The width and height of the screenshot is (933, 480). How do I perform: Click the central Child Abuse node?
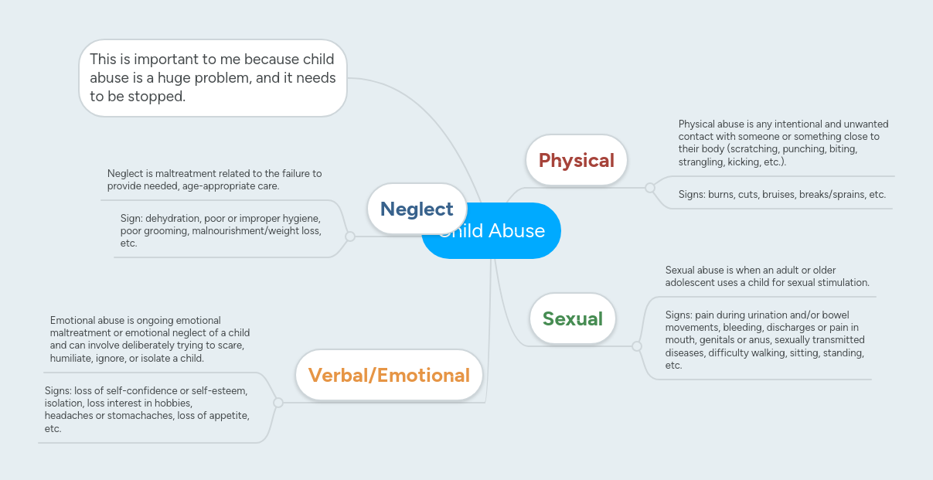coord(510,230)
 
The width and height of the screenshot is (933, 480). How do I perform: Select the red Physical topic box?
coord(576,160)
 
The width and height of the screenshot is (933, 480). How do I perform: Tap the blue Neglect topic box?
coord(417,209)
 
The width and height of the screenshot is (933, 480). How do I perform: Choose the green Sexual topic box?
coord(572,318)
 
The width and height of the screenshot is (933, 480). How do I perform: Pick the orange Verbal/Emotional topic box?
coord(389,376)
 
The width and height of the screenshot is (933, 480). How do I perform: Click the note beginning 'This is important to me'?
coord(213,78)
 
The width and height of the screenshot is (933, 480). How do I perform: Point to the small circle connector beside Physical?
coord(649,187)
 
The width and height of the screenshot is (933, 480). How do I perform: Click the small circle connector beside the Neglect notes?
coord(349,237)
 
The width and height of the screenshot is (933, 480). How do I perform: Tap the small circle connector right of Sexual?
coord(636,346)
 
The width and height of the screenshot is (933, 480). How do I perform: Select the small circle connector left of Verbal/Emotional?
coord(278,403)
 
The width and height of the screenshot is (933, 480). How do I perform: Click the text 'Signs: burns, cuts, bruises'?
coord(781,195)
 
